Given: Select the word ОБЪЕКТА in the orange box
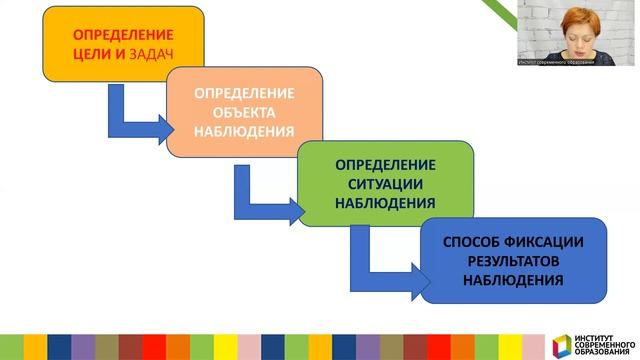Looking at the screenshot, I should click(244, 112).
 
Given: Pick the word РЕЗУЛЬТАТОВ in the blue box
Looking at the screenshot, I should click(513, 261).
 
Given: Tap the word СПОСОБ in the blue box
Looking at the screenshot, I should click(471, 243).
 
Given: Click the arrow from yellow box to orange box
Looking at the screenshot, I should click(135, 115).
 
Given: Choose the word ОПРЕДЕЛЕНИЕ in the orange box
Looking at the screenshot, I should click(244, 93).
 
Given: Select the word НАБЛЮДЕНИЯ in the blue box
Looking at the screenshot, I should click(513, 279).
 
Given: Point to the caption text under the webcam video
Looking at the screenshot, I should click(556, 62).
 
